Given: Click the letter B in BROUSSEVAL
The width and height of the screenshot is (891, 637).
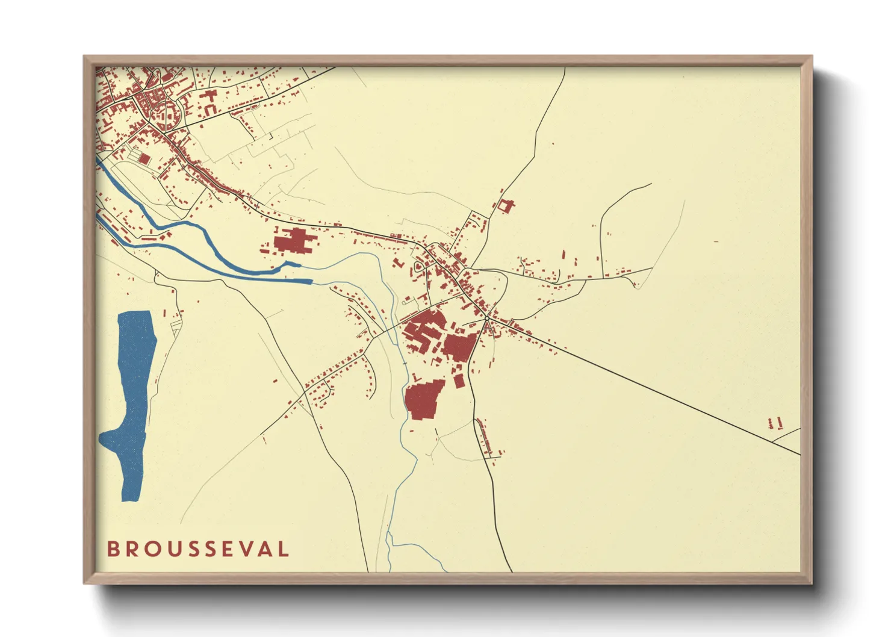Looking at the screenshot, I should [113, 549].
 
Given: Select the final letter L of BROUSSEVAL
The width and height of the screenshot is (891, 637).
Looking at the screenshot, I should [283, 549].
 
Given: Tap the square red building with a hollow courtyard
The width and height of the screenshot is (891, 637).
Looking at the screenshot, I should [504, 206].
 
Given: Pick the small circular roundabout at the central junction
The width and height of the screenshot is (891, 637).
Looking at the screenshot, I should [486, 318].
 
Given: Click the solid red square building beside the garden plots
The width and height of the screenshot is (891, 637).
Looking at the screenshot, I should [144, 158].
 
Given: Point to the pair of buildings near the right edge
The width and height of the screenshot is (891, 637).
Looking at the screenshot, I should [775, 423].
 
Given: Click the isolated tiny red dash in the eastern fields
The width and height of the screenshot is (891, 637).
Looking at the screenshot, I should [716, 241].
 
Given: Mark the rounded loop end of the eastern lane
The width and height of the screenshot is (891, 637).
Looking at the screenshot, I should [637, 286].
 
